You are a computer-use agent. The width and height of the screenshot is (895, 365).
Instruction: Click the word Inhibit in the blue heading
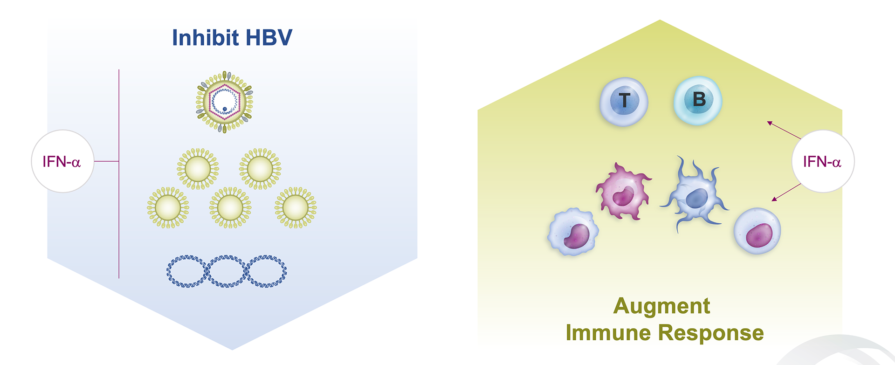tap(205, 38)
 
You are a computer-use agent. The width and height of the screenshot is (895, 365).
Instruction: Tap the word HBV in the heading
tap(269, 38)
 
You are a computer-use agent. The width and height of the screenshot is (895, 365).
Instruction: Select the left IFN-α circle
tap(62, 161)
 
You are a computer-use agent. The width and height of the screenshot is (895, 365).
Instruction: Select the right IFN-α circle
tap(823, 161)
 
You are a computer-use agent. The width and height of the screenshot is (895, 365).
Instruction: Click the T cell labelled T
tap(624, 101)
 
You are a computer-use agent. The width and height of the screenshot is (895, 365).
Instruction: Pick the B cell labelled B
tap(698, 100)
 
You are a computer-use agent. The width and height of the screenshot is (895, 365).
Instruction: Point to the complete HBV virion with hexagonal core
tap(224, 102)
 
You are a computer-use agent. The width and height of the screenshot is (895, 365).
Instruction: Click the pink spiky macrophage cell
tap(623, 192)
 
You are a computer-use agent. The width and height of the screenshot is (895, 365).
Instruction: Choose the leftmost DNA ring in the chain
tap(186, 271)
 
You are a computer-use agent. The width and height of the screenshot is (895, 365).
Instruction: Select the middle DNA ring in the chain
tap(227, 271)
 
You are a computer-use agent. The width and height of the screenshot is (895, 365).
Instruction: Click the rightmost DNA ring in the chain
tap(267, 271)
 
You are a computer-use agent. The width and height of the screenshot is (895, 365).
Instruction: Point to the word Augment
tap(661, 306)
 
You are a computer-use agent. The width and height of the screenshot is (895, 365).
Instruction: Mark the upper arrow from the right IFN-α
tap(784, 130)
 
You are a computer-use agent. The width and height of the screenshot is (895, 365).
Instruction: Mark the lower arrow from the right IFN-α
tap(786, 192)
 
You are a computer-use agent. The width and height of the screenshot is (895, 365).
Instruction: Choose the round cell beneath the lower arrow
tap(757, 231)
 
